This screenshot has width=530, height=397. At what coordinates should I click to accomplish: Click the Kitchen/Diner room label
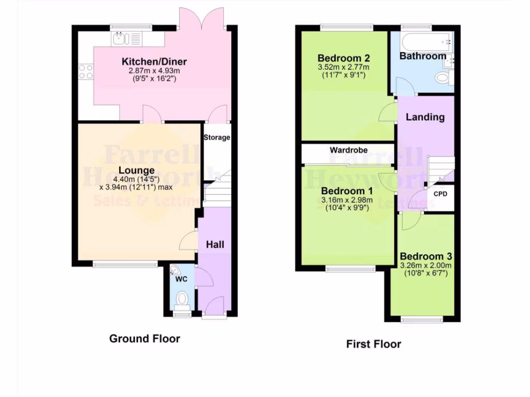154,62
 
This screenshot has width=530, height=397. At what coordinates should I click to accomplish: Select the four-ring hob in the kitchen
86,71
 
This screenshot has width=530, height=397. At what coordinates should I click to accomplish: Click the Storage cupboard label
216,138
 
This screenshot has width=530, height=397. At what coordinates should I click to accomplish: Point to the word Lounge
136,170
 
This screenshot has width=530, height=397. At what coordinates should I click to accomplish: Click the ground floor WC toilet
182,299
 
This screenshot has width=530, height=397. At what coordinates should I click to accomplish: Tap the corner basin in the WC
174,270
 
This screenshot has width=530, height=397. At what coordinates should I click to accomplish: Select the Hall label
215,244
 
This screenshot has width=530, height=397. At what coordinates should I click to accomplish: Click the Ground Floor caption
144,339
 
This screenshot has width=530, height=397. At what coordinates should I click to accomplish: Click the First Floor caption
373,344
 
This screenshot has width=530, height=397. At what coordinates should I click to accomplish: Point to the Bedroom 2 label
343,57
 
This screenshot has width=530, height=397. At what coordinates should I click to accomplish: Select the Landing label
425,117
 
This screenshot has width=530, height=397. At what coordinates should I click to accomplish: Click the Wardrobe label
349,150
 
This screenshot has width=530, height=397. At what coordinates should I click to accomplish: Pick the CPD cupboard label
440,194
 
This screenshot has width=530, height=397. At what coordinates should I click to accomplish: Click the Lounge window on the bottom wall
126,264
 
